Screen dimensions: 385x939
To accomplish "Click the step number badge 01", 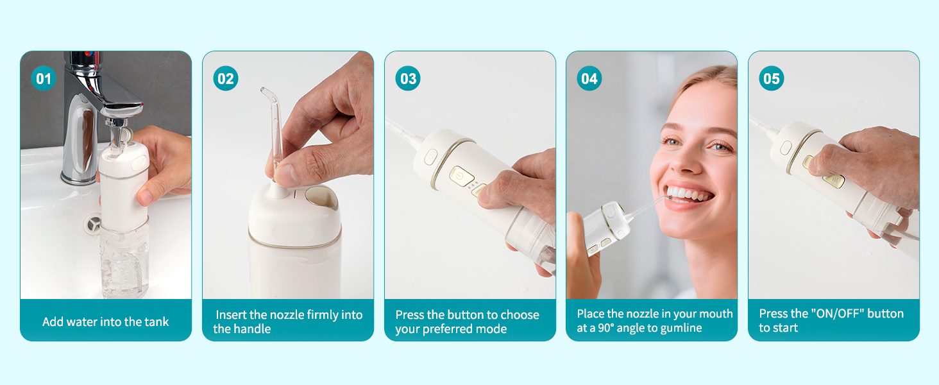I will (x=44, y=79).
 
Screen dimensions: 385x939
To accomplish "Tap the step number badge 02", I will (x=226, y=79).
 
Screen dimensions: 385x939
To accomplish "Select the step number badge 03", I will (x=408, y=79).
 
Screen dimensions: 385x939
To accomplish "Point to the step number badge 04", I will (x=589, y=79).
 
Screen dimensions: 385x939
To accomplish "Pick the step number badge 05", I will (x=772, y=79).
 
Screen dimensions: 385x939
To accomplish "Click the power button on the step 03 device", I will (x=460, y=175).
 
